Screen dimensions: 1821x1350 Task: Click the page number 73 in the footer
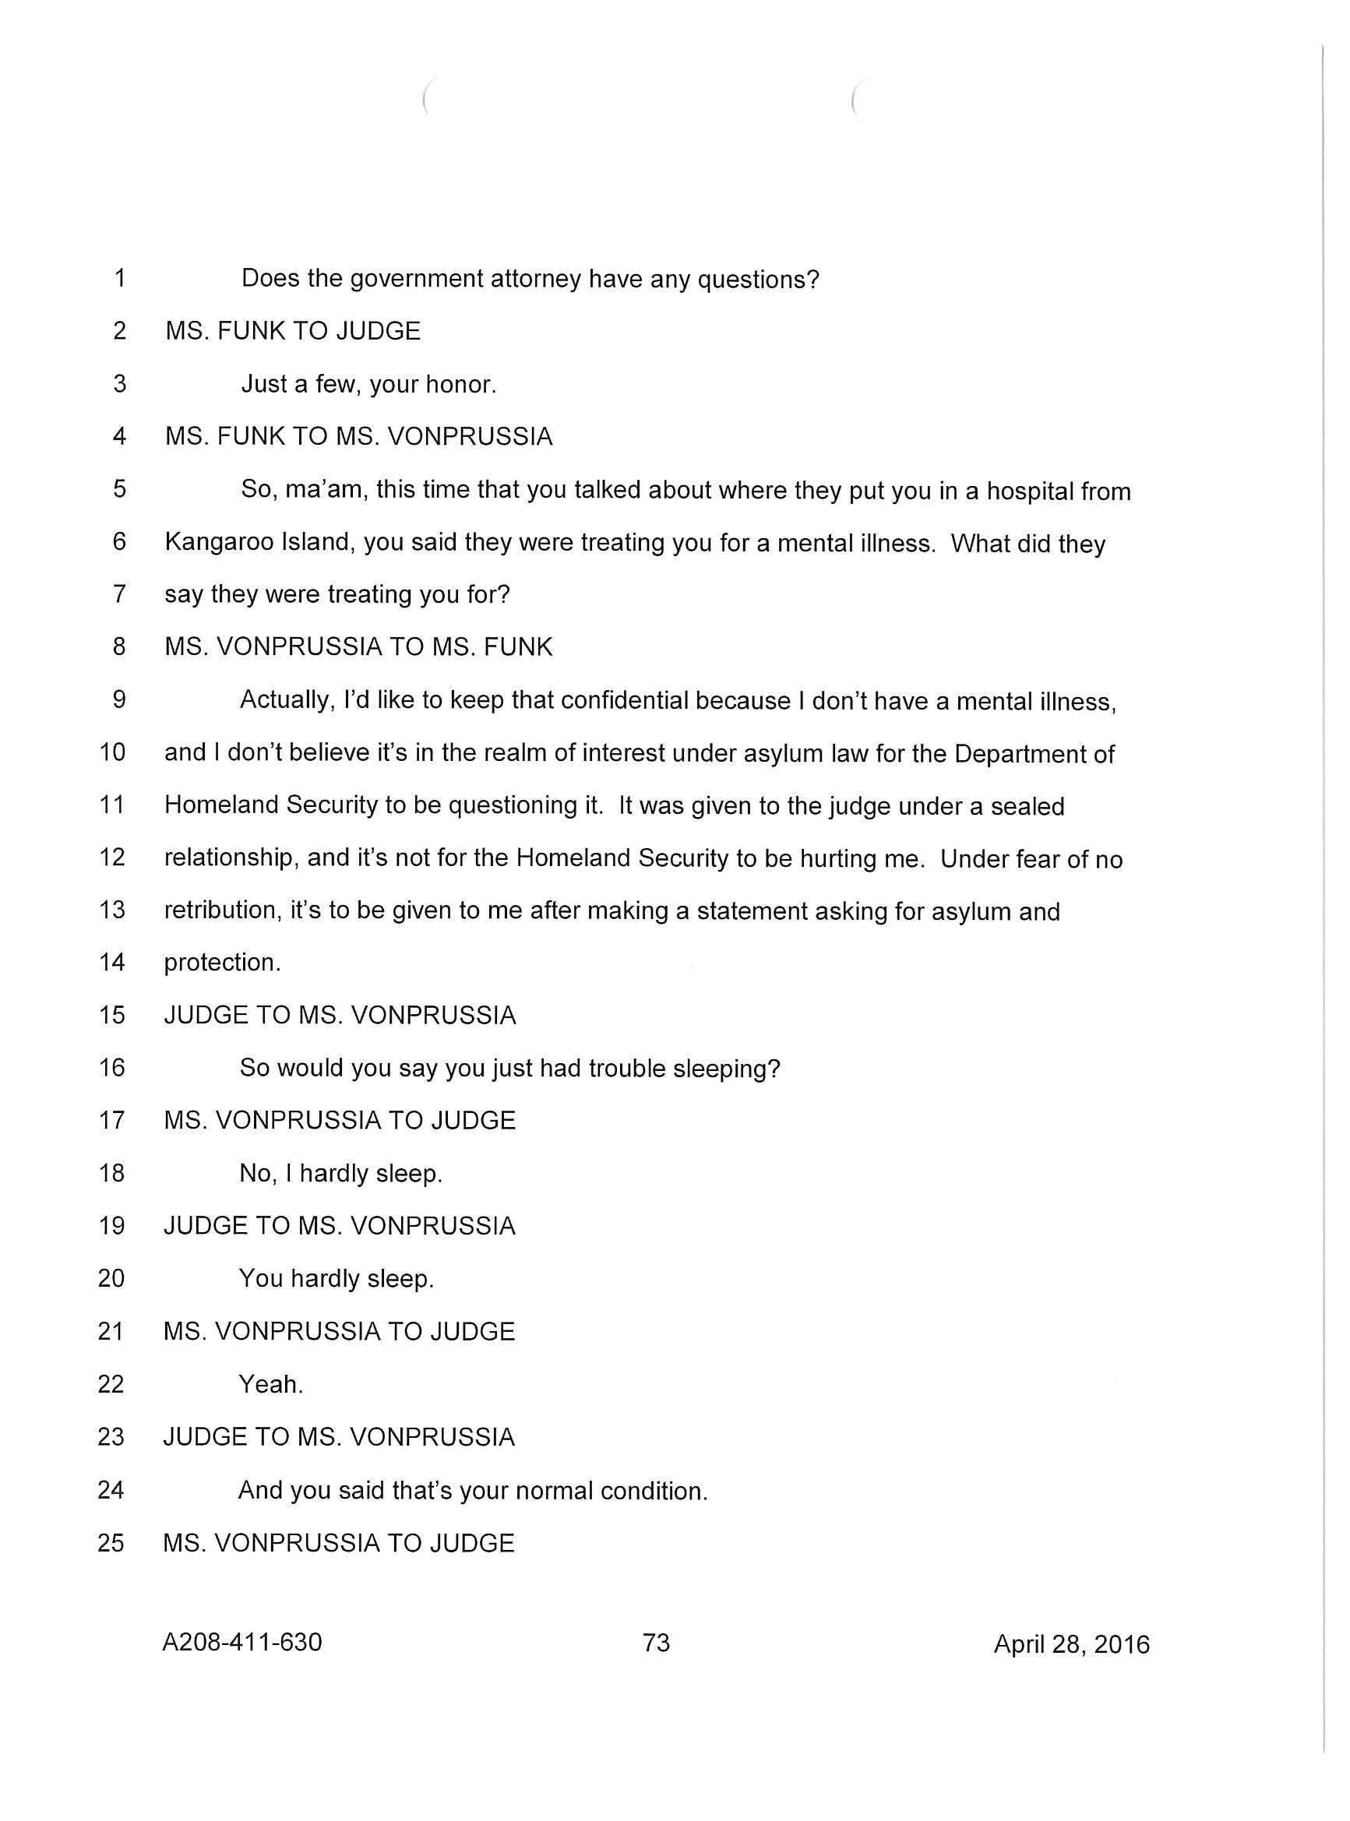(x=656, y=1642)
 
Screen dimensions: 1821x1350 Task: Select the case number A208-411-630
(x=242, y=1642)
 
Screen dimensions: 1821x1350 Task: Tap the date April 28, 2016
(x=1071, y=1643)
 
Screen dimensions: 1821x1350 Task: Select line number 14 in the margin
(x=112, y=963)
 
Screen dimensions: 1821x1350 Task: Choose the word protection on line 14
(x=221, y=963)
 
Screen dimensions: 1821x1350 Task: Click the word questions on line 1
(x=764, y=280)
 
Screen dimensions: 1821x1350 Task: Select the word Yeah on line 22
(x=270, y=1384)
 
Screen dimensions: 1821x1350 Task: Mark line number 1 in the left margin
(x=120, y=279)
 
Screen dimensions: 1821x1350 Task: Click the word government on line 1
(x=416, y=280)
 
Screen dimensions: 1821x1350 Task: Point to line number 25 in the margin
(x=111, y=1542)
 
